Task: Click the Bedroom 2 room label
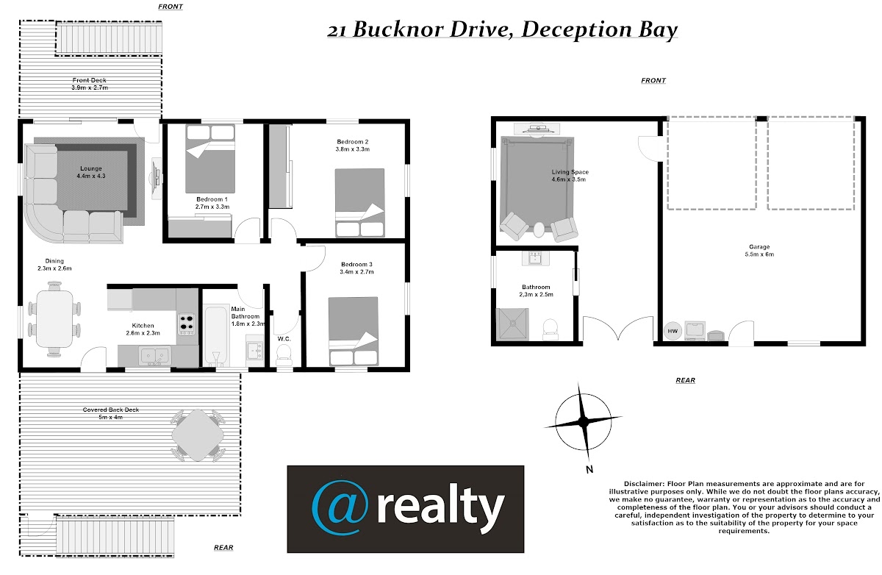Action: (x=352, y=142)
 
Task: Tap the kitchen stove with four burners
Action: (x=187, y=324)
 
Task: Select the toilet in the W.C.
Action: (x=284, y=354)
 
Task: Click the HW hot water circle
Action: (x=673, y=331)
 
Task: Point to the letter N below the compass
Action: (x=589, y=469)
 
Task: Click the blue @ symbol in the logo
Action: (x=340, y=508)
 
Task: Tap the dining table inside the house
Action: (x=54, y=318)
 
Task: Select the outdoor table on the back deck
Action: (x=198, y=435)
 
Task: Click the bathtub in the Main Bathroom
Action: (x=216, y=335)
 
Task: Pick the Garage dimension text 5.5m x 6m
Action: (x=759, y=254)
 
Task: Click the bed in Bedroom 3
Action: (x=354, y=331)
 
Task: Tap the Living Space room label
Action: (x=570, y=172)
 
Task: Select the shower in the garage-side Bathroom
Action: (x=513, y=324)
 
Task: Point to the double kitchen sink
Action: (x=155, y=356)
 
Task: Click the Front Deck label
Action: (x=90, y=80)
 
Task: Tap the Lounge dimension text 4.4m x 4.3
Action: (x=91, y=176)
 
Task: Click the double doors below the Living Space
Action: (x=618, y=328)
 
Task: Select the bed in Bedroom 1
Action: (x=210, y=159)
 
